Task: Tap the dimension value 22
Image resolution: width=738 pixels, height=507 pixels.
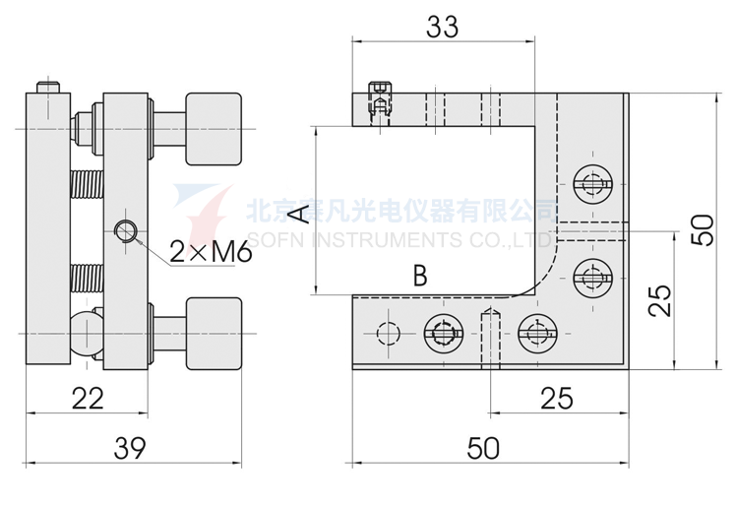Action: pyautogui.click(x=89, y=399)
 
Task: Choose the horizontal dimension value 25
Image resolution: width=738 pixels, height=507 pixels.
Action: pyautogui.click(x=557, y=399)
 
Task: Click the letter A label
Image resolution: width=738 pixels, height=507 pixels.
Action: pyautogui.click(x=301, y=214)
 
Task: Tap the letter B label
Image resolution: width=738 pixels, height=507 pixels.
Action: pyautogui.click(x=420, y=276)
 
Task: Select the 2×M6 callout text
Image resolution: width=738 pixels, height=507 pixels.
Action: pyautogui.click(x=211, y=252)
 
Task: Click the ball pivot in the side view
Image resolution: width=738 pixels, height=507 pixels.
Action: pyautogui.click(x=87, y=328)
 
